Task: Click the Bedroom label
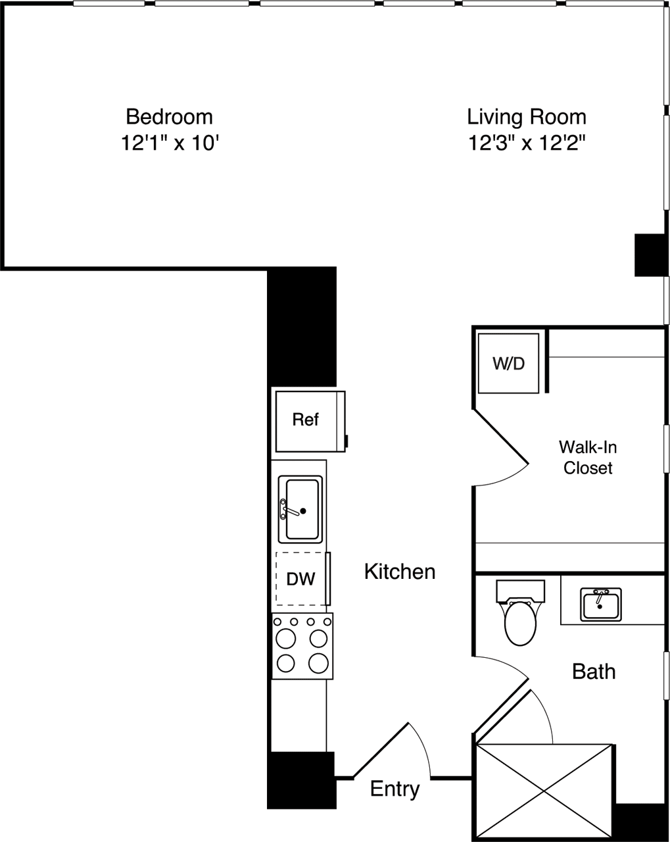point(169,117)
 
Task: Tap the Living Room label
point(526,117)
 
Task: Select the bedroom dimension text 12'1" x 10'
point(169,143)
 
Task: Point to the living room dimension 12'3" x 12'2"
point(526,143)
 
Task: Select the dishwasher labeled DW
point(301,579)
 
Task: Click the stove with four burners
point(302,647)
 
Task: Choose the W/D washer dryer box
point(508,363)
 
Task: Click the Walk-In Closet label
point(588,458)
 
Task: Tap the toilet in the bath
point(520,619)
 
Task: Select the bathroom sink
point(600,604)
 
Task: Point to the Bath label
point(594,672)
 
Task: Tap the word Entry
point(395,789)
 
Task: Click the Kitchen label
point(400,572)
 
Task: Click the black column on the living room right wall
point(650,255)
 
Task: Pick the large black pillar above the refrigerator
point(302,326)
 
